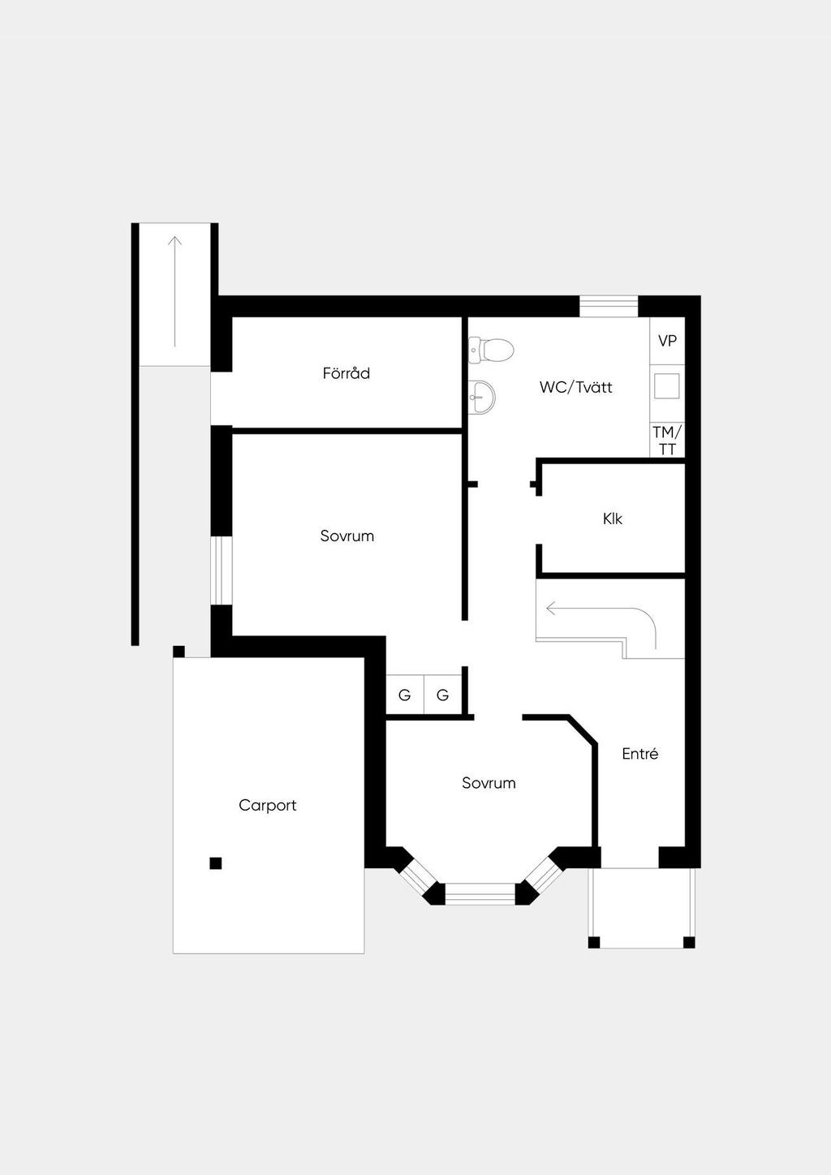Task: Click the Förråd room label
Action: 347,373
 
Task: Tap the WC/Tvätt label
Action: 575,387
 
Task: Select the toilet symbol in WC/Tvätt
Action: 491,350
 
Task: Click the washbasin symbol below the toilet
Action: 481,397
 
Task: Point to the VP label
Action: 667,341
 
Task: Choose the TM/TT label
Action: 667,441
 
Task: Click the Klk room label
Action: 612,519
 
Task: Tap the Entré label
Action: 640,753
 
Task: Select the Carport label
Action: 268,805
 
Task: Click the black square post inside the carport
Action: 216,863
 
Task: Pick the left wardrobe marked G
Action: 404,695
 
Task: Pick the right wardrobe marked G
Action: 442,695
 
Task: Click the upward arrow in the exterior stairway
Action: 174,291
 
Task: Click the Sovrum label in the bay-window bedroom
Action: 489,782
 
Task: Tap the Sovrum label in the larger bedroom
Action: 347,536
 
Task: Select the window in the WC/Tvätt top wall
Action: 609,307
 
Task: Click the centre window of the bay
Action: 480,894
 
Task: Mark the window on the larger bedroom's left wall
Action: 222,570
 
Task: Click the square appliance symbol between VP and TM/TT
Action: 667,386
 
